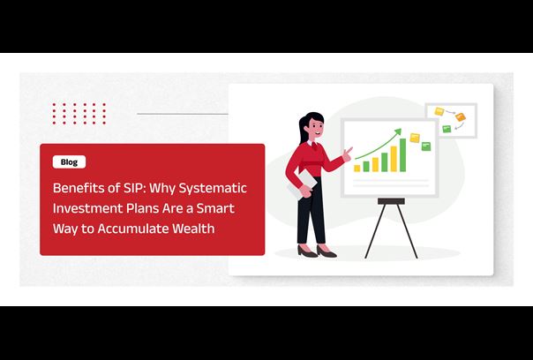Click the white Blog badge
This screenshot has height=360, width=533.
click(69, 161)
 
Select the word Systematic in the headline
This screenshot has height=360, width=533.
click(213, 188)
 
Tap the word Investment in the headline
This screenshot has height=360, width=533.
click(87, 208)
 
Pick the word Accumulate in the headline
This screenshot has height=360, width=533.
click(132, 229)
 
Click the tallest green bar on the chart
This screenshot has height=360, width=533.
click(402, 155)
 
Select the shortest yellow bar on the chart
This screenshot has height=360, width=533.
click(357, 169)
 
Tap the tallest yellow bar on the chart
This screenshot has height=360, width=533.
click(394, 159)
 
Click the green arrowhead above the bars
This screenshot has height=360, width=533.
click(398, 131)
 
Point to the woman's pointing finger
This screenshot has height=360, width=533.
click(349, 150)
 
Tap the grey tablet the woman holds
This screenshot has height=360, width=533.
click(303, 184)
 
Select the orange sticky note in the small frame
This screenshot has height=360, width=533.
click(461, 117)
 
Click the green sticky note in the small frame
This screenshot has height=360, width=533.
click(447, 129)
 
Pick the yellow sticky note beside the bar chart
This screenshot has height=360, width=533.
click(415, 138)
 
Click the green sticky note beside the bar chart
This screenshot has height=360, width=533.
click(426, 146)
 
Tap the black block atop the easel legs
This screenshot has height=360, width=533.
click(391, 201)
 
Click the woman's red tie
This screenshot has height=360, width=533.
click(315, 146)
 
